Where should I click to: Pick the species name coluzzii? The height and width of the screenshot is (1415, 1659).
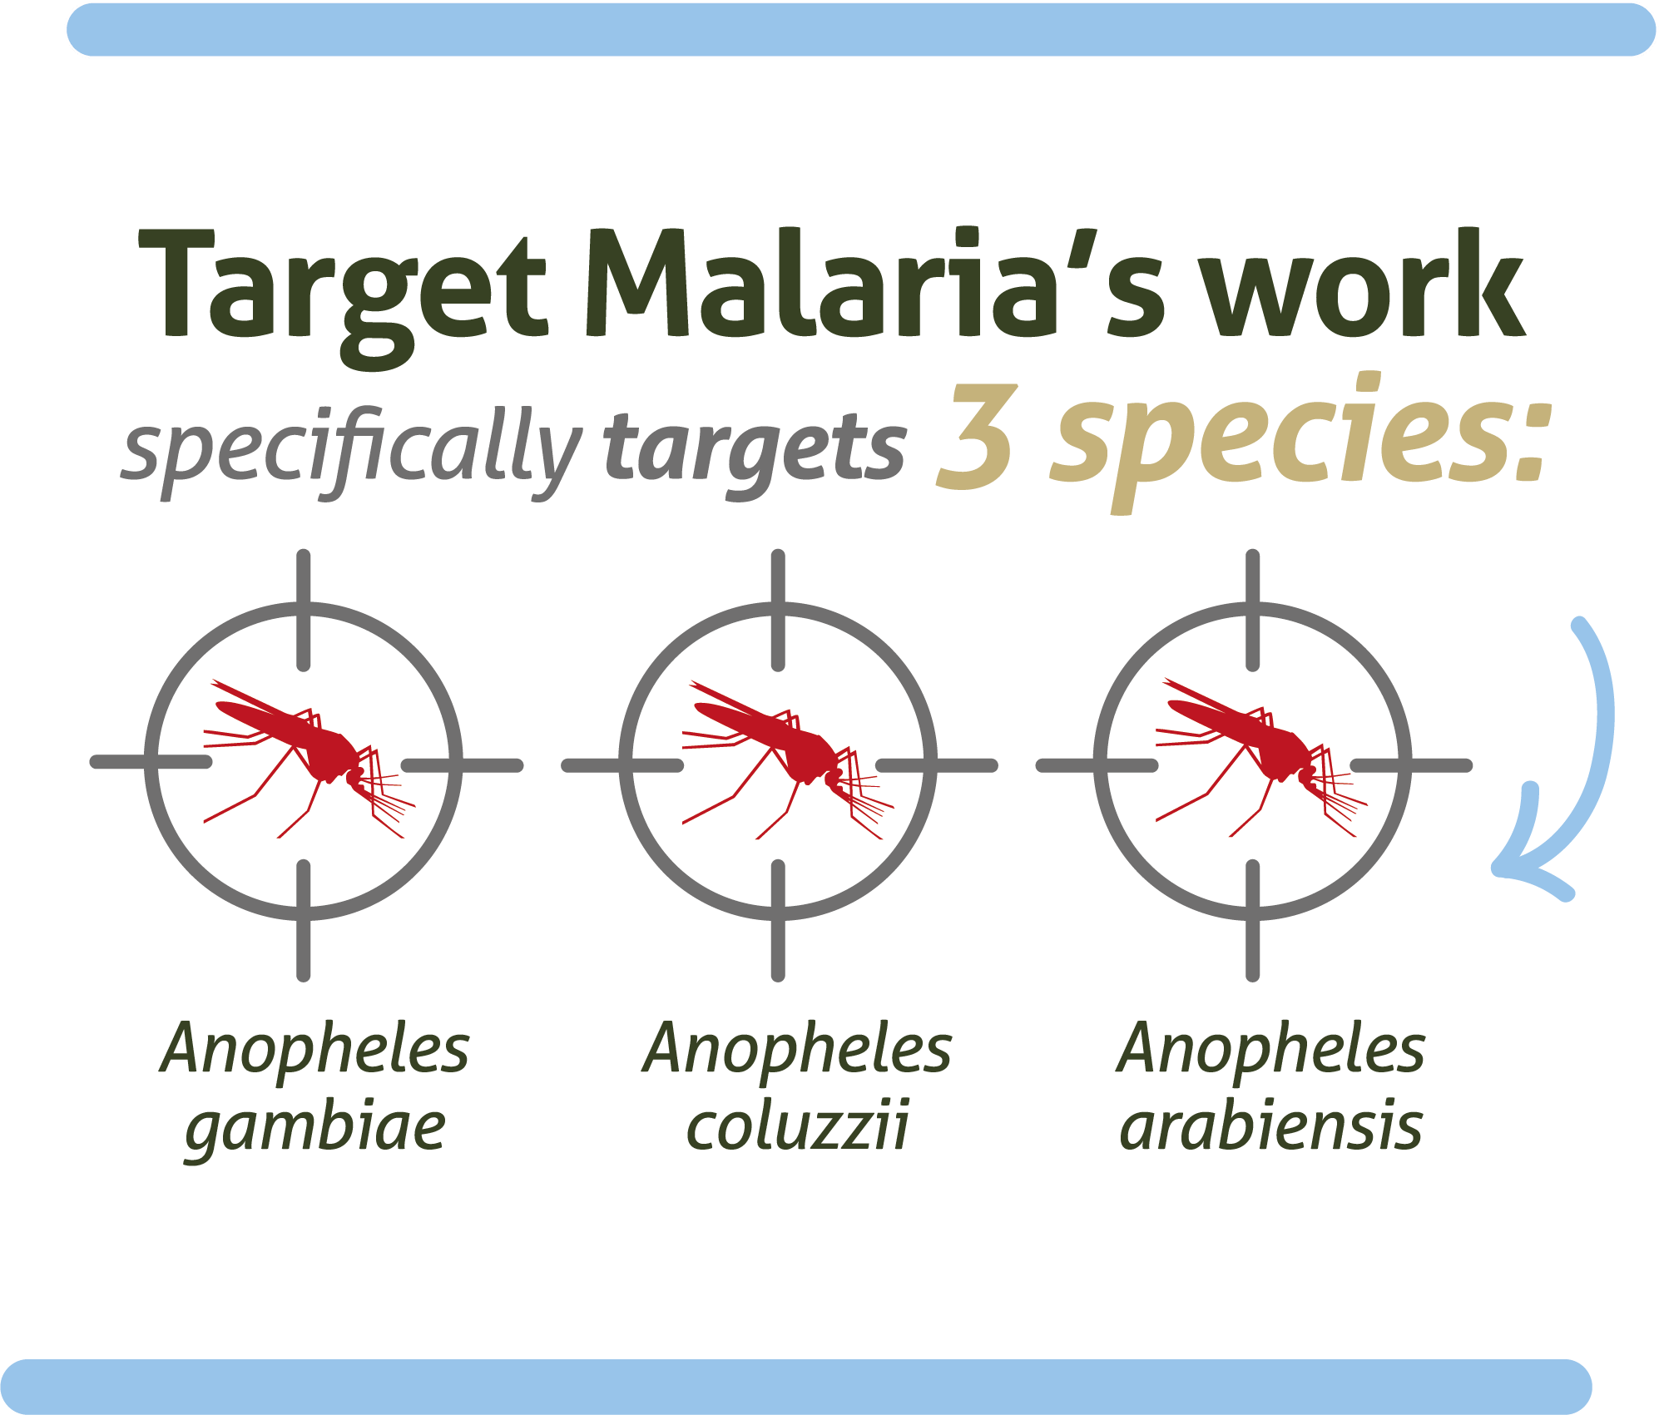click(x=798, y=1126)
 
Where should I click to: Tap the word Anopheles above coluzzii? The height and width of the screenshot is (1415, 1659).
click(x=798, y=1050)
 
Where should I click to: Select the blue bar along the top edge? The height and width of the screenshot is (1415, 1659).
click(x=861, y=30)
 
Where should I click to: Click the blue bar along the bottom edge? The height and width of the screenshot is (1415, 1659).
click(x=795, y=1386)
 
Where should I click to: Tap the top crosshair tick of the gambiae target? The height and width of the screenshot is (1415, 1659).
click(x=304, y=609)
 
